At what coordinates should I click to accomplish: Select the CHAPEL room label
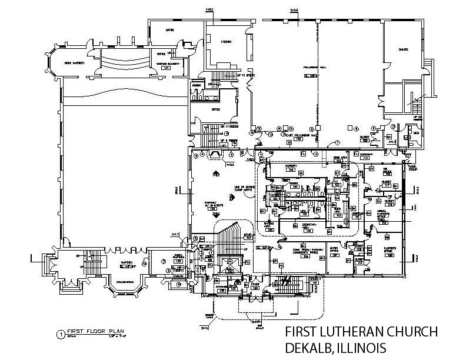coord(404,49)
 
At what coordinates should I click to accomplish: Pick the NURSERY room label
coord(291,166)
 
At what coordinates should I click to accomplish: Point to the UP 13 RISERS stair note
coord(226,75)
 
